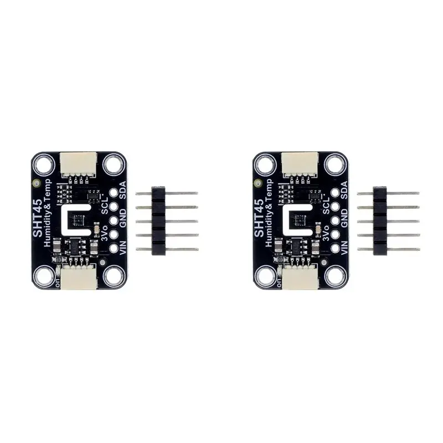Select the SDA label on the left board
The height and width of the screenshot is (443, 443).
pyautogui.click(x=123, y=191)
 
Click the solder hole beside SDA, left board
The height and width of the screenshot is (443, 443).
pyautogui.click(x=114, y=193)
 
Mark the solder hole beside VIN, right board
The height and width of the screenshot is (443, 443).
pyautogui.click(x=335, y=248)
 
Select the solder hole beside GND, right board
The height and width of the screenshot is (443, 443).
pyautogui.click(x=335, y=220)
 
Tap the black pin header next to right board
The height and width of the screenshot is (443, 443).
pyautogui.click(x=380, y=221)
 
